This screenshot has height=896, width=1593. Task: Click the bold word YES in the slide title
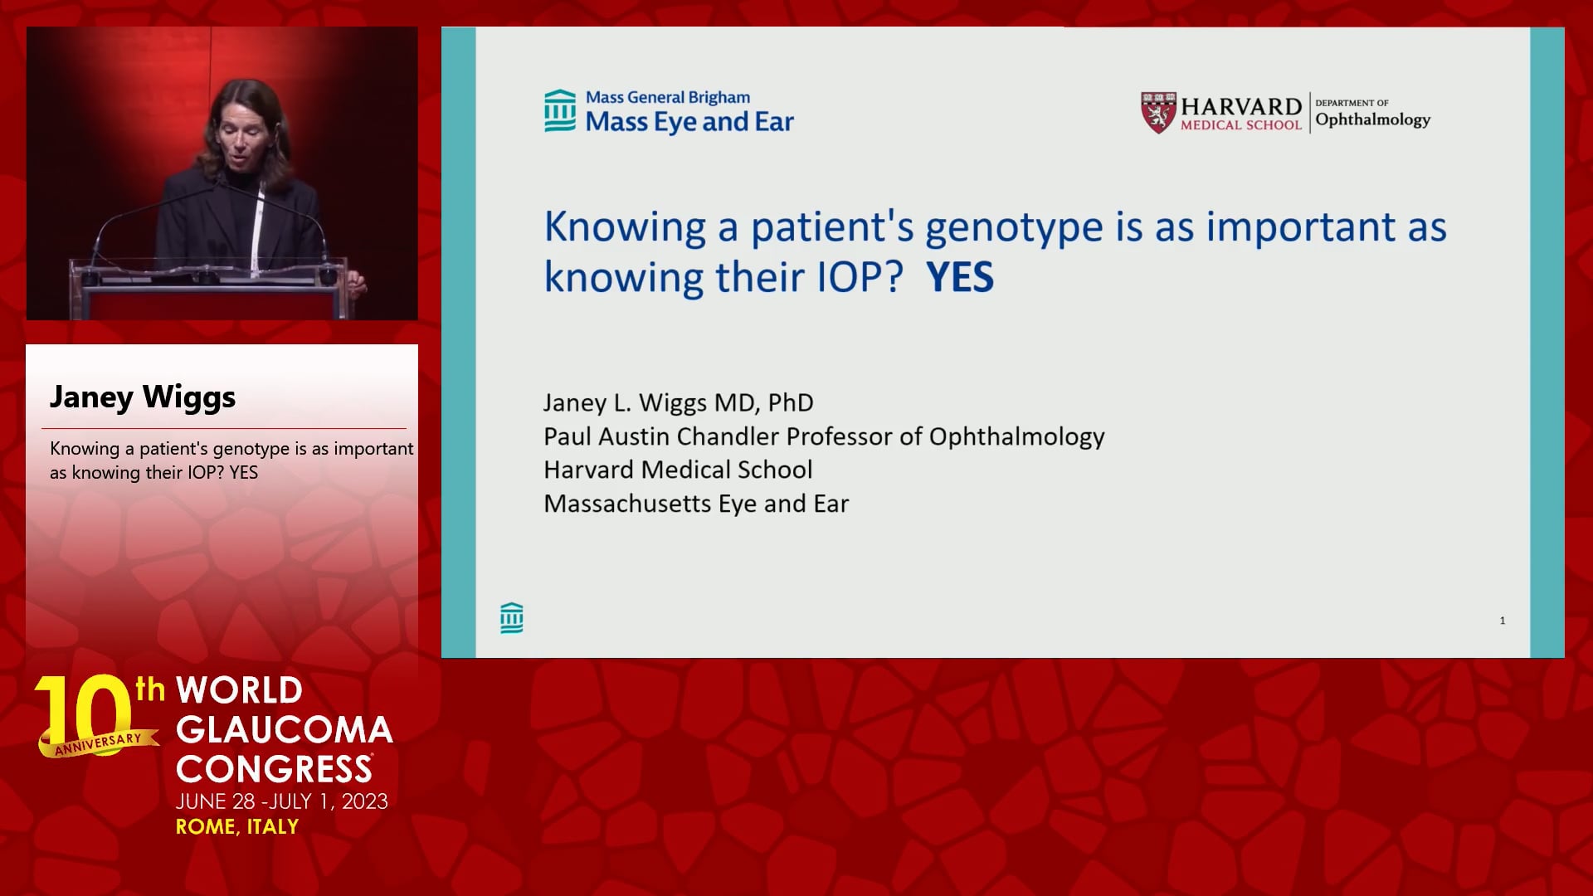coord(960,277)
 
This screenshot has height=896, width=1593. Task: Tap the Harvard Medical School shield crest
coord(1158,112)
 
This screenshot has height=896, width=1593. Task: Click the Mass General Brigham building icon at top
coord(560,110)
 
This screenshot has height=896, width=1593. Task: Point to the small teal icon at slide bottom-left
coord(512,618)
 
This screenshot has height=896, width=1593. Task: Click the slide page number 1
coord(1503,621)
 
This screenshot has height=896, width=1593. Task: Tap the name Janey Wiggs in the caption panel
coord(143,397)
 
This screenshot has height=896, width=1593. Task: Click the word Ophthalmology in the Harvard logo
coord(1373,120)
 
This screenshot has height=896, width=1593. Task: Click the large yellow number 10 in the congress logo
coord(85,712)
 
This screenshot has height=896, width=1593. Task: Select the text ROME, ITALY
coord(237,827)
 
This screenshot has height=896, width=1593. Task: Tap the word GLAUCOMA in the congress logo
coord(285,730)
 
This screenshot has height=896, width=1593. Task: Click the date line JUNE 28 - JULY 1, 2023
coord(282,801)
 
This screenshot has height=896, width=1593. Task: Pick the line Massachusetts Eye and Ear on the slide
coord(696,504)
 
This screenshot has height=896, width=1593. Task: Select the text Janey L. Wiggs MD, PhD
coord(679,403)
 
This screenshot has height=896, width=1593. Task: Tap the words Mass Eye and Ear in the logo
coord(689,122)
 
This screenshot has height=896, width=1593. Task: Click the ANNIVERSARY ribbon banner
coord(99,743)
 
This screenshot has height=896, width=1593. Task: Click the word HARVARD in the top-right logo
coord(1241,106)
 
